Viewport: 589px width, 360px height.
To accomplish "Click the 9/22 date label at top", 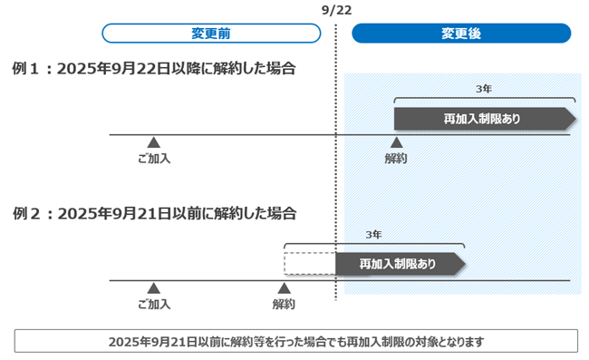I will (x=335, y=9).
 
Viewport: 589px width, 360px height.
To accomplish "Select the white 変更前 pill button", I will (x=211, y=34).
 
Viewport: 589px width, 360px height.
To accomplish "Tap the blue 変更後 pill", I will (x=461, y=34).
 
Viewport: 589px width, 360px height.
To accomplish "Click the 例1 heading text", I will (x=154, y=68).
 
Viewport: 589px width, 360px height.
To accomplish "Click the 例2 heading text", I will (x=154, y=214).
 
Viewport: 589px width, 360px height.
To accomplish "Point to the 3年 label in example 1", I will (x=484, y=89).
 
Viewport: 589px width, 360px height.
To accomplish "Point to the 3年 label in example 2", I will (x=373, y=235).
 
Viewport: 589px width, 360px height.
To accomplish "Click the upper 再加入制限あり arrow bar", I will (x=480, y=119).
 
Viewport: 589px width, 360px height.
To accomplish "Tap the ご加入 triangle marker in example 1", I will (x=154, y=141).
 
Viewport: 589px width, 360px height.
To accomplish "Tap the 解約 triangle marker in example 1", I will (x=395, y=141).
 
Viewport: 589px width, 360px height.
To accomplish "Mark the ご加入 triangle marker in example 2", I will (x=154, y=287).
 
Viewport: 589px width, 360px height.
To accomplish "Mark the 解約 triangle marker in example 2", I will (x=284, y=287).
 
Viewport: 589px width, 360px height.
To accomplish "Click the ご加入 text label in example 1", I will (x=154, y=159).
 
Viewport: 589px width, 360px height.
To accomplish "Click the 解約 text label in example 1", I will (x=395, y=159).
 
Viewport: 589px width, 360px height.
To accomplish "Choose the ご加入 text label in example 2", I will (x=154, y=305).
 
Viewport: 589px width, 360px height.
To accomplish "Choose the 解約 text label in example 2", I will (x=284, y=305).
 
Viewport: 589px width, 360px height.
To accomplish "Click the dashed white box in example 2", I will (x=309, y=264).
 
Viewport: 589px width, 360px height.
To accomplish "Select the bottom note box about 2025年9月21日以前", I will (x=296, y=342).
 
